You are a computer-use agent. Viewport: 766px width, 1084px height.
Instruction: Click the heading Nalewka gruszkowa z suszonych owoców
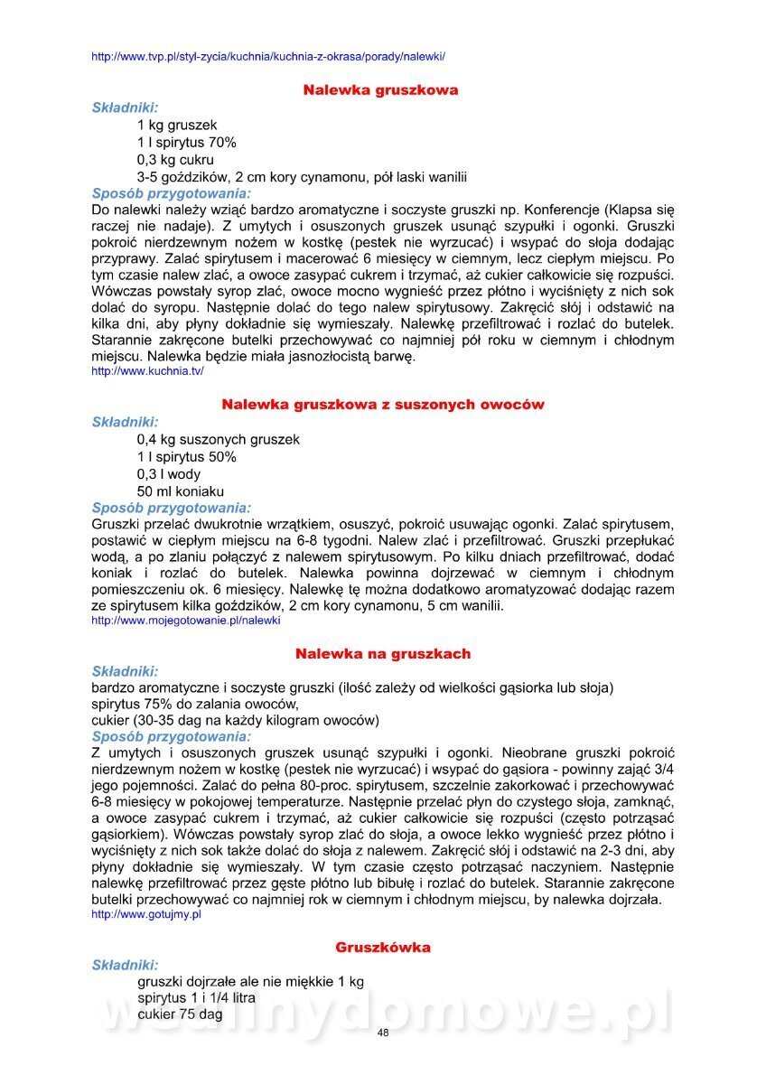coord(383,405)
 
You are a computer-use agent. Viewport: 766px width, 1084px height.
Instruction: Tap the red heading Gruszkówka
coord(383,948)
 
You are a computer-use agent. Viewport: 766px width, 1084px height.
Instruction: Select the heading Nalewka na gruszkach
coord(383,653)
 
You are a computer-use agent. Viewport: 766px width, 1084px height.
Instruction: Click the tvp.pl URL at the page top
coord(268,57)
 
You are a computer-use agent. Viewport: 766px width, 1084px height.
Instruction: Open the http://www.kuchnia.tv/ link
coord(147,371)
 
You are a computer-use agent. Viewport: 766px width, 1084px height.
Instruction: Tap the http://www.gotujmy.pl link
coord(146,914)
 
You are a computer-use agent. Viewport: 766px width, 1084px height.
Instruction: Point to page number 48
coord(383,1033)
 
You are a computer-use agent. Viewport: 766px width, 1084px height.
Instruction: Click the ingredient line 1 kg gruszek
coord(177,125)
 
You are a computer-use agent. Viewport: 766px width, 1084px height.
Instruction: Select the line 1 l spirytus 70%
coord(187,142)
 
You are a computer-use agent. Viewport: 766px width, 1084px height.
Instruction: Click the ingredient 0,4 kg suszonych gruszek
coord(219,439)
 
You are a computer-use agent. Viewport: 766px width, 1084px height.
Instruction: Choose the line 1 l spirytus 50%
coord(187,457)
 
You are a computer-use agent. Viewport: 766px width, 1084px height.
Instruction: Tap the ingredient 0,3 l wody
coord(169,474)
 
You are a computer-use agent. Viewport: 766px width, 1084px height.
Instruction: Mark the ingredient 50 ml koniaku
coord(181,491)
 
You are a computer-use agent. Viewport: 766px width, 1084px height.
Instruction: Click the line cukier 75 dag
coord(180,1014)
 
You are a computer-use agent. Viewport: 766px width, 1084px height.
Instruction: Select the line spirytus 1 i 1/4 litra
coord(196,998)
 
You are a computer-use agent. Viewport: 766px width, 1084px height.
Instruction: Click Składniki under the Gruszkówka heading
coord(125,965)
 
